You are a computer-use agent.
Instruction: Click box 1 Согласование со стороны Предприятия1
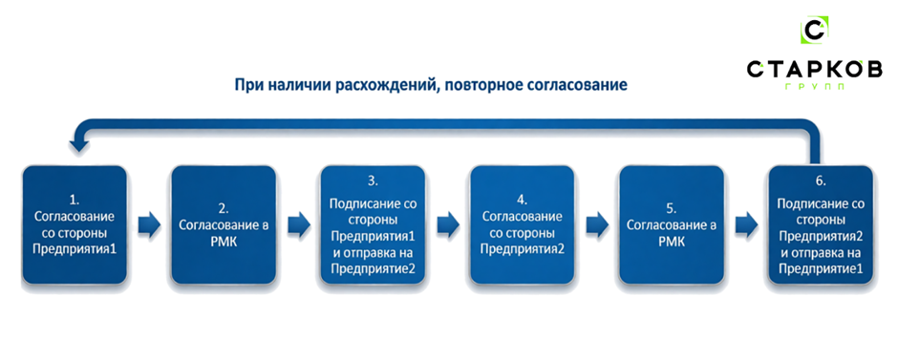(75, 225)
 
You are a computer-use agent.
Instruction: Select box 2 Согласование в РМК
(224, 225)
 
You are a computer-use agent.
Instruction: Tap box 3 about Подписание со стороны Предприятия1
(373, 225)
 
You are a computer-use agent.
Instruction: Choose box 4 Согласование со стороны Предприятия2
(522, 225)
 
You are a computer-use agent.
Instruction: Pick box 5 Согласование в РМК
(670, 225)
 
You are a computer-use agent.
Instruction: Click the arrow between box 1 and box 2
(149, 225)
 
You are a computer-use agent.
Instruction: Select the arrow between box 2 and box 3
(298, 225)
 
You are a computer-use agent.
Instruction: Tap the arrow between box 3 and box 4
(447, 225)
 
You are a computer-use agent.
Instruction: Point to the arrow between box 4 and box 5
(596, 225)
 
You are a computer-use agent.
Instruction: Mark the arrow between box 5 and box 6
(745, 225)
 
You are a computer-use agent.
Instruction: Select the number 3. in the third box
(373, 179)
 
